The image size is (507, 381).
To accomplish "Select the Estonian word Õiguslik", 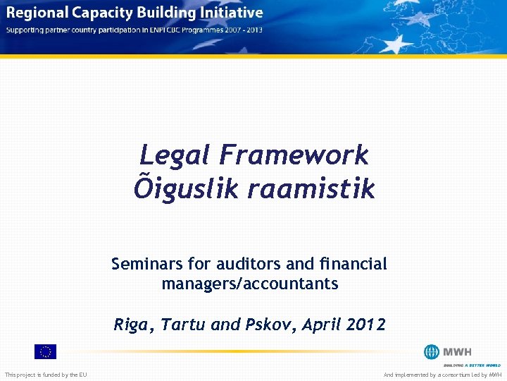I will pyautogui.click(x=176, y=188).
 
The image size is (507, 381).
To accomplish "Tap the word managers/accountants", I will pyautogui.click(x=250, y=284).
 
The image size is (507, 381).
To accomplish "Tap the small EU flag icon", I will pyautogui.click(x=45, y=351).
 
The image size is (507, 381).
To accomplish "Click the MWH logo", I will pyautogui.click(x=448, y=352).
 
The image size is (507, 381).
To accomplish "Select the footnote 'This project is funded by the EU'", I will pyautogui.click(x=46, y=375).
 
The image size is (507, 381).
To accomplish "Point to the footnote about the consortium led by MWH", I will pyautogui.click(x=442, y=375).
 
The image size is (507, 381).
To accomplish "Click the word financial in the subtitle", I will pyautogui.click(x=352, y=264).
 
